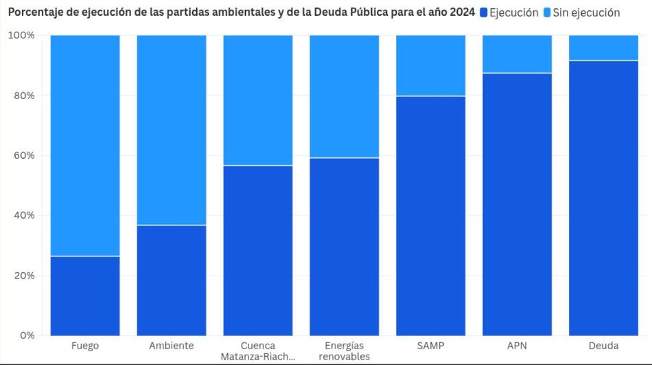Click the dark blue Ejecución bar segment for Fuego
click(x=85, y=296)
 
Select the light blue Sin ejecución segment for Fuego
click(x=85, y=145)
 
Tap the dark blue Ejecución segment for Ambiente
click(x=172, y=280)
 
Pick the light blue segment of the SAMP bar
click(x=431, y=65)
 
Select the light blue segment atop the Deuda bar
click(x=604, y=47)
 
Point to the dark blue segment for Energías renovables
click(x=345, y=246)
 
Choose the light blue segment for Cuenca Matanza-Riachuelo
click(x=258, y=100)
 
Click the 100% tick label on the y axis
click(x=21, y=35)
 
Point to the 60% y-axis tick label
click(x=24, y=155)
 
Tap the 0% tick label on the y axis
click(x=27, y=335)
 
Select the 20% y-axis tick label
click(x=24, y=276)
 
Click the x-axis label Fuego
click(x=85, y=346)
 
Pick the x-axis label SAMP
click(x=431, y=346)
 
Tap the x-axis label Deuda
click(x=604, y=346)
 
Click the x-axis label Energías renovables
click(x=345, y=351)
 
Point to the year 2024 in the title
click(x=460, y=12)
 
